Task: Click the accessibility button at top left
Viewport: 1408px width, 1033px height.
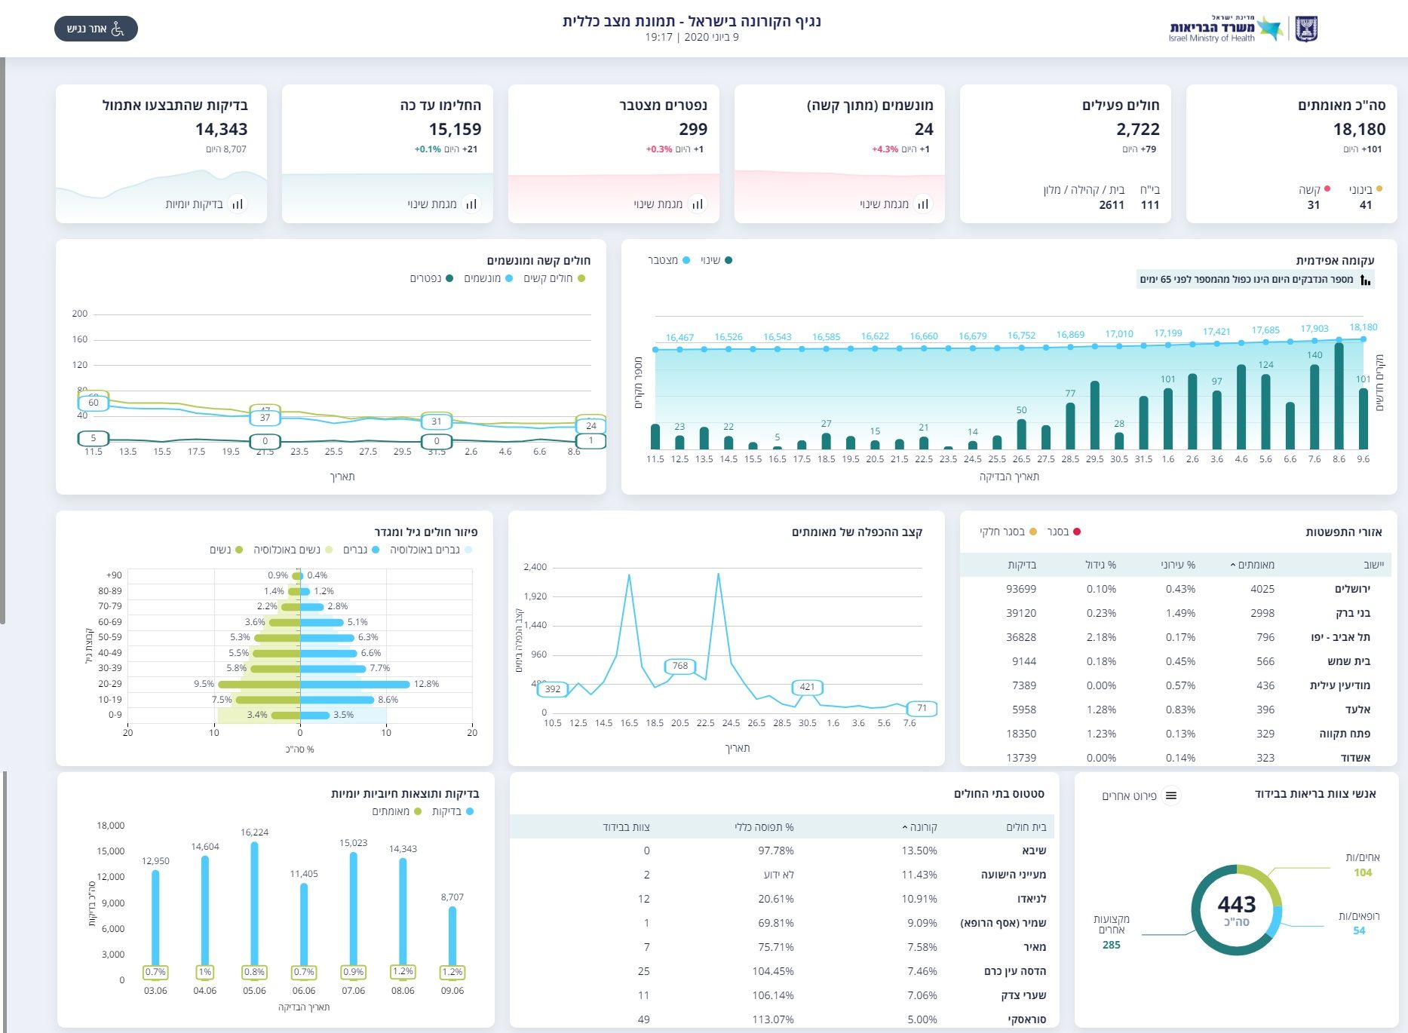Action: tap(96, 29)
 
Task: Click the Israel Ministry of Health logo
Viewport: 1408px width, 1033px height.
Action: tap(1243, 29)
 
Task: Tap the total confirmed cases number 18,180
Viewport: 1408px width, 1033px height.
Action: tap(1359, 129)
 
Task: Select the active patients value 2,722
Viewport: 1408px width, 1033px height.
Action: tap(1137, 129)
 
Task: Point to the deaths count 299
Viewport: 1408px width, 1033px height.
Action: tap(692, 129)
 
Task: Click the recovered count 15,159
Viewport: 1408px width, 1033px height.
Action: tap(455, 129)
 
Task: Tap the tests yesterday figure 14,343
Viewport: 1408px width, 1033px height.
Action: tap(221, 129)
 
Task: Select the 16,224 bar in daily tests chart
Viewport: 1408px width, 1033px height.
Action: tap(255, 905)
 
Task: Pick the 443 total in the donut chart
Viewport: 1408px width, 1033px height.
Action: tap(1236, 904)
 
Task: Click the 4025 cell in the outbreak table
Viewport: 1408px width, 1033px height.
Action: tap(1262, 589)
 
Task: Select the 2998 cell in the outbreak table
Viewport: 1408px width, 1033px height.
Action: tap(1262, 613)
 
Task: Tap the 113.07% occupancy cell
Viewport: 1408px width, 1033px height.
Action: tap(772, 1019)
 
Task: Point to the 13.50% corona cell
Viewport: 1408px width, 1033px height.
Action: tap(919, 851)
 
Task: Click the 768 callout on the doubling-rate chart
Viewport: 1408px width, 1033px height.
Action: tap(680, 666)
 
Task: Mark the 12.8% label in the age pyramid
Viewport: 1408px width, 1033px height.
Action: tap(426, 684)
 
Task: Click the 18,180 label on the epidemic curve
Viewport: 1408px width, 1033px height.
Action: tap(1363, 327)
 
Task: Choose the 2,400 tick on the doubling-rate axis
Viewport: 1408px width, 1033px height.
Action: tap(535, 567)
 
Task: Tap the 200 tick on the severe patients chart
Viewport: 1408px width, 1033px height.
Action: tap(80, 314)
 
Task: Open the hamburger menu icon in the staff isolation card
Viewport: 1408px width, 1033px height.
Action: tap(1171, 795)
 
